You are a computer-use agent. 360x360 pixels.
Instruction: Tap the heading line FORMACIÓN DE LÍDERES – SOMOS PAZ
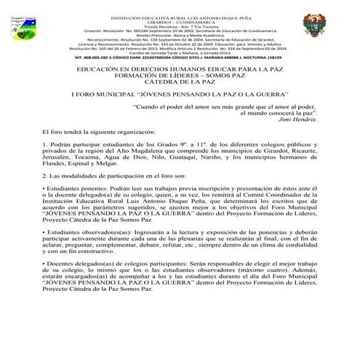[x=180, y=76]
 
